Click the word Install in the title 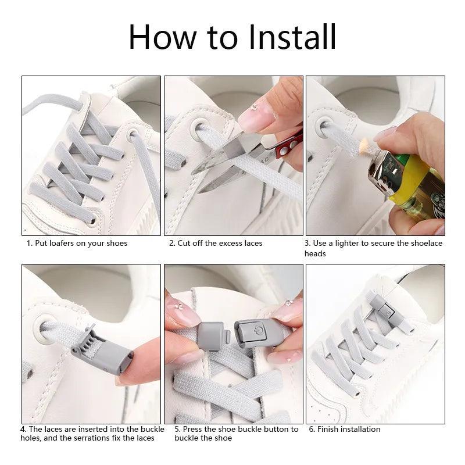[292, 37]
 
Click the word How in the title [163, 37]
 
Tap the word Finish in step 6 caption [327, 429]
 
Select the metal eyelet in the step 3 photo [324, 127]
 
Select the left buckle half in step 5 [211, 336]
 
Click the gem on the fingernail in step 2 [254, 108]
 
